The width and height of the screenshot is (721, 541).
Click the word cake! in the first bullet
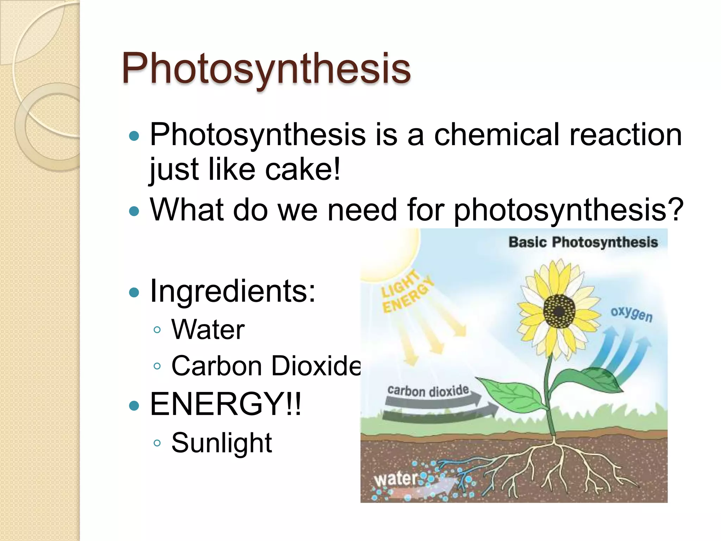click(303, 169)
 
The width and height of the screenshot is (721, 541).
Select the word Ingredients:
click(233, 291)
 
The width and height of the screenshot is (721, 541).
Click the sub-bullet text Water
click(208, 330)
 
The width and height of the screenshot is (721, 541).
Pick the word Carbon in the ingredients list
click(216, 366)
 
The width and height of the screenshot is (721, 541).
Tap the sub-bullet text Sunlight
click(221, 443)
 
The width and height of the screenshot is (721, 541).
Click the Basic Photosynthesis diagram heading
click(583, 242)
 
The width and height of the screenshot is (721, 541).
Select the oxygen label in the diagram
click(632, 313)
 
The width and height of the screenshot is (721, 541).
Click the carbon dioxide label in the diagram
click(428, 391)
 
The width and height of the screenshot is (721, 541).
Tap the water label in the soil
click(395, 479)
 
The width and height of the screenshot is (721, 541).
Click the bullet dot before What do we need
click(134, 211)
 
